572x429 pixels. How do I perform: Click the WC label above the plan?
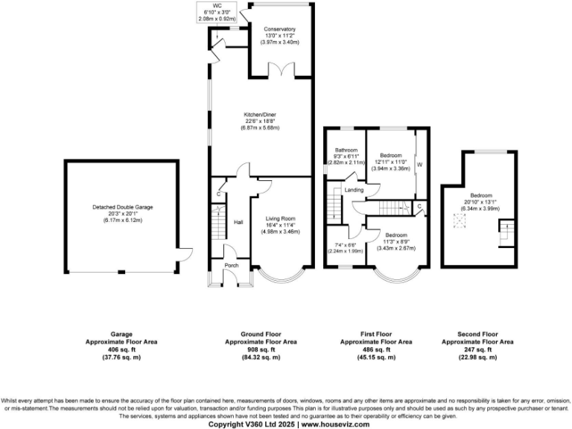[216, 5]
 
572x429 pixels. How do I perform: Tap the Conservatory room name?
[280, 29]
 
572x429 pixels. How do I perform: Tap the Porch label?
[220, 266]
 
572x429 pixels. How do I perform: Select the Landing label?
[355, 191]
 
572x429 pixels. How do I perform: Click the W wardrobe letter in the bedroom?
[419, 164]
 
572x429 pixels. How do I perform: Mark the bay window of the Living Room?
[280, 279]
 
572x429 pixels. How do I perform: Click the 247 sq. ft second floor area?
[477, 349]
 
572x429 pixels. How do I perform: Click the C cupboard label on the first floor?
[419, 206]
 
